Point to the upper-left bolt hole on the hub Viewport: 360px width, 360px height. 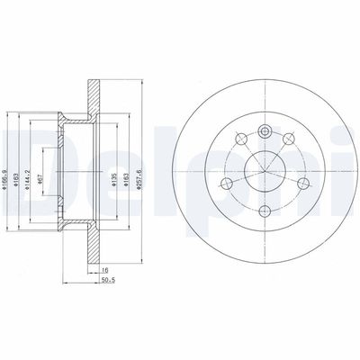click(x=240, y=140)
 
